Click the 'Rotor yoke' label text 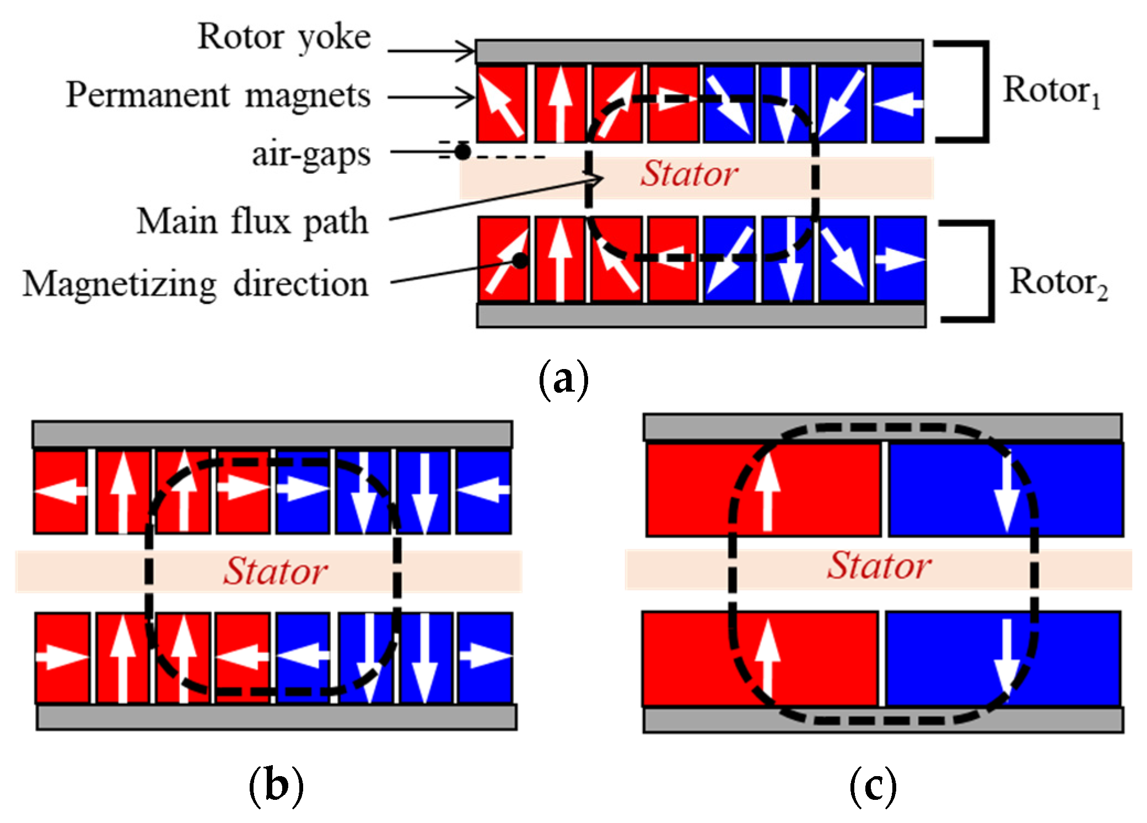284,38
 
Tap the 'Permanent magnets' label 218,95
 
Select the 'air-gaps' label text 311,155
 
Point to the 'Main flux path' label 252,222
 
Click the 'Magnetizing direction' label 196,285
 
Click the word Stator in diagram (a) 689,174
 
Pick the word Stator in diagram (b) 275,571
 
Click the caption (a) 563,380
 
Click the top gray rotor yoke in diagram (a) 699,51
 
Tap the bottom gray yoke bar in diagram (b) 277,717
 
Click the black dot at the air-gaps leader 462,152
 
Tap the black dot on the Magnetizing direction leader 520,260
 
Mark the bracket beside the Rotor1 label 986,91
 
